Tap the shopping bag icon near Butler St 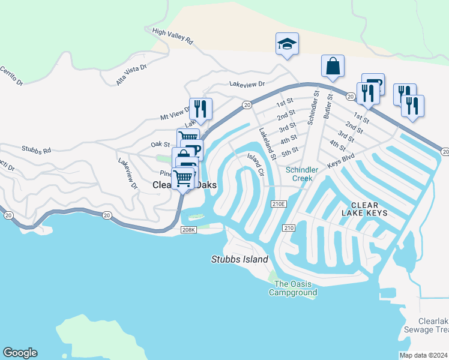(333, 66)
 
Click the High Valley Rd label (172, 37)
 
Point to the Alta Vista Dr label (131, 75)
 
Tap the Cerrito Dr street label (11, 74)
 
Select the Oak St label (161, 144)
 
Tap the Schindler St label (312, 108)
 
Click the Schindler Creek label (303, 173)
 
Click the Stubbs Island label (240, 260)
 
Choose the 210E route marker (279, 204)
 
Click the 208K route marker (188, 230)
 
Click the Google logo (20, 353)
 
